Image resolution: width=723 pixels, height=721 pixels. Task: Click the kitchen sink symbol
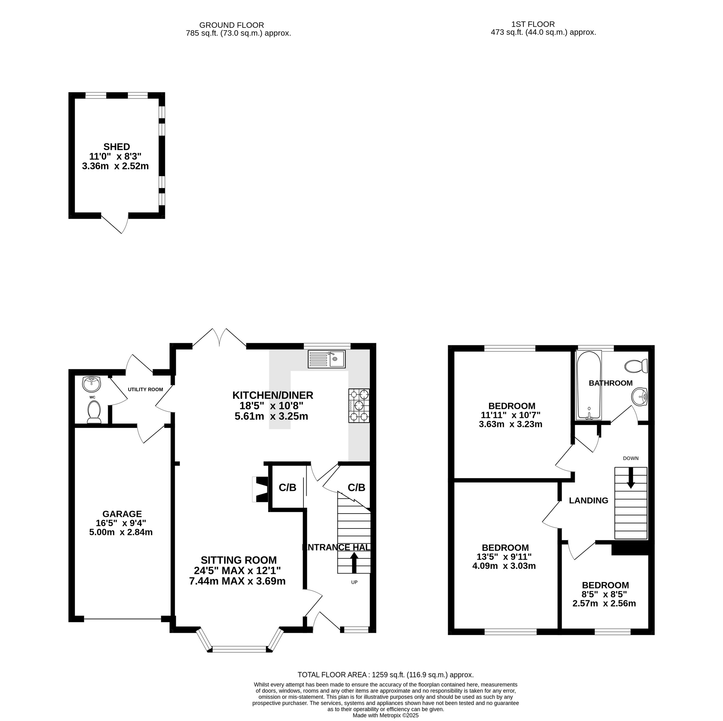pyautogui.click(x=326, y=359)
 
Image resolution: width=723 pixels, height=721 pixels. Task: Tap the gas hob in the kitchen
pyautogui.click(x=359, y=406)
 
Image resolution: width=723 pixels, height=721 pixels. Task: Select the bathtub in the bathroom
pyautogui.click(x=589, y=385)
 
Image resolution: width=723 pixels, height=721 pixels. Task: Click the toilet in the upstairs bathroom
pyautogui.click(x=637, y=366)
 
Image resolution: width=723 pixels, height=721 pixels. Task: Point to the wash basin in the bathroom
pyautogui.click(x=639, y=396)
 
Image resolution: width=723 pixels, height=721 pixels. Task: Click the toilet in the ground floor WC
pyautogui.click(x=94, y=412)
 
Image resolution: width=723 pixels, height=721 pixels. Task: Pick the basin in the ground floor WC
pyautogui.click(x=92, y=383)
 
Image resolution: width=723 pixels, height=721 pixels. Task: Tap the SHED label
pyautogui.click(x=117, y=147)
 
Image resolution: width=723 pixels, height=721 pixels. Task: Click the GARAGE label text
pyautogui.click(x=122, y=514)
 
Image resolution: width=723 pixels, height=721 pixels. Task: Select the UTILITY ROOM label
pyautogui.click(x=146, y=389)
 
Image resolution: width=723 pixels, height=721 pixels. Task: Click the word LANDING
pyautogui.click(x=589, y=501)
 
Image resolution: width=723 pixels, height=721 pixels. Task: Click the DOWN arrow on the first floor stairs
pyautogui.click(x=631, y=478)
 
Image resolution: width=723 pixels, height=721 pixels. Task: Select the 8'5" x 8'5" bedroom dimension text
pyautogui.click(x=604, y=594)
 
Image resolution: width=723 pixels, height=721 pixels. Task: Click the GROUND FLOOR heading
pyautogui.click(x=232, y=25)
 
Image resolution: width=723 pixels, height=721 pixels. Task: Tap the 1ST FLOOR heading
pyautogui.click(x=533, y=24)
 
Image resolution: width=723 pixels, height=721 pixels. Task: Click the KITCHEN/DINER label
pyautogui.click(x=273, y=395)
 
